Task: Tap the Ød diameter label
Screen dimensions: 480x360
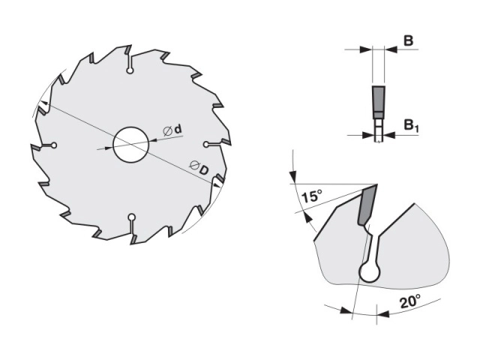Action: coord(172,130)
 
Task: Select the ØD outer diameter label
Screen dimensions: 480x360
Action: coord(199,167)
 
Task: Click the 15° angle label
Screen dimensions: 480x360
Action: coord(312,196)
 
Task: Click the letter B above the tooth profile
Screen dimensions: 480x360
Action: coord(408,40)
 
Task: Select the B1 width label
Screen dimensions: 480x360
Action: coord(411,125)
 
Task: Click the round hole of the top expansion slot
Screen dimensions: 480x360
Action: coord(130,70)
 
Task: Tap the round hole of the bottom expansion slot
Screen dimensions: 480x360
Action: coord(132,217)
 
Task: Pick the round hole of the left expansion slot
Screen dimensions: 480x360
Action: coord(54,145)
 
